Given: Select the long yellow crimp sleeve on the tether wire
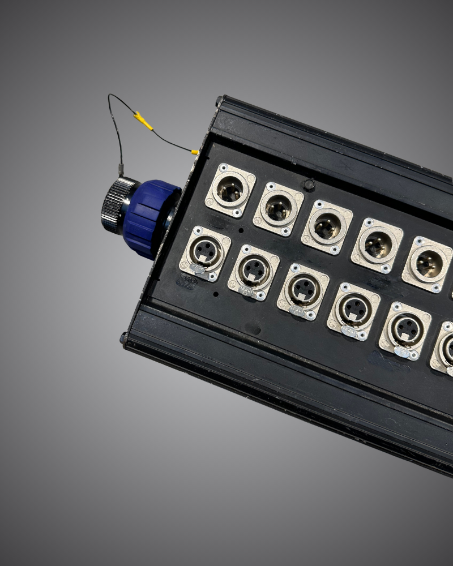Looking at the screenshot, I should [x=143, y=121].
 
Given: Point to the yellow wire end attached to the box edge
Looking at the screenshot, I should [x=194, y=152].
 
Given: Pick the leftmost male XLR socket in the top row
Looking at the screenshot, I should [x=230, y=190].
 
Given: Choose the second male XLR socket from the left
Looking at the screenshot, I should [x=278, y=209].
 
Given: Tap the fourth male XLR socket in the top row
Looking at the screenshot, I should [x=377, y=245].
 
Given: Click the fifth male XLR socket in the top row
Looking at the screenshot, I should [x=428, y=264].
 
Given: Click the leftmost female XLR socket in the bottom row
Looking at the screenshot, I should [x=205, y=254].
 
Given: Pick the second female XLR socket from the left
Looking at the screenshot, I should [x=254, y=272].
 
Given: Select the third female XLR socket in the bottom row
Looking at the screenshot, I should [x=303, y=291].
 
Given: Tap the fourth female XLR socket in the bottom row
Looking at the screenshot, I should [x=353, y=310].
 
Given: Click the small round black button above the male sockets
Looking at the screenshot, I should [x=309, y=185].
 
